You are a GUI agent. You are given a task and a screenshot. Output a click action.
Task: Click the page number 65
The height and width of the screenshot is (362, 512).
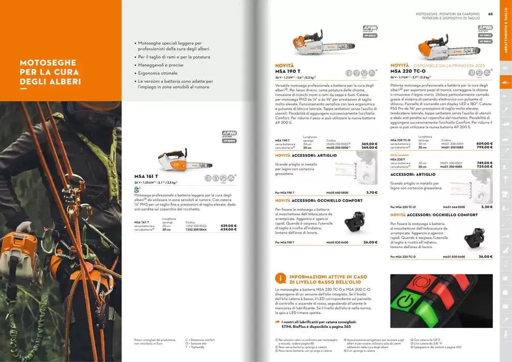[x=490, y=14]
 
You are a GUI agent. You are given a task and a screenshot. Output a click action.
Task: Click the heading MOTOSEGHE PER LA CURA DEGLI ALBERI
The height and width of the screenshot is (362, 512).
[x=50, y=72]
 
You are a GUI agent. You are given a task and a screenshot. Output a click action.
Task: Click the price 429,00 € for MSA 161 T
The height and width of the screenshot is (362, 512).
[x=228, y=225]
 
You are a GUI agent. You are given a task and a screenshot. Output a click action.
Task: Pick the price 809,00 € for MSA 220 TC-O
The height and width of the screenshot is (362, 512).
[x=484, y=143]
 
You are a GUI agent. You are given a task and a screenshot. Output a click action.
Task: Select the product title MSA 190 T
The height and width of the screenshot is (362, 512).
[x=288, y=71]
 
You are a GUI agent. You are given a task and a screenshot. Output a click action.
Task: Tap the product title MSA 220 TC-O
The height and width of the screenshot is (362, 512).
[x=408, y=71]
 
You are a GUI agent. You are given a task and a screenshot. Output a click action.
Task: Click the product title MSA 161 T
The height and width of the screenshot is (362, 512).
[x=146, y=176]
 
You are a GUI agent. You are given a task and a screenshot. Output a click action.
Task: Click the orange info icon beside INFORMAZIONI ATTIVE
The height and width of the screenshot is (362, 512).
[x=280, y=278]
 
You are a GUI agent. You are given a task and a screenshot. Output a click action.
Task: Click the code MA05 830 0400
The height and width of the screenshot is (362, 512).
[x=337, y=242]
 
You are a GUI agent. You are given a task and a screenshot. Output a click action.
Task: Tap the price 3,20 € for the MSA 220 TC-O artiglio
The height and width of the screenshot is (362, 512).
[x=486, y=206]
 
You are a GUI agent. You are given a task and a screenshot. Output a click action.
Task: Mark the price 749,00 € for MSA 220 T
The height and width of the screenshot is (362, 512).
[x=484, y=162]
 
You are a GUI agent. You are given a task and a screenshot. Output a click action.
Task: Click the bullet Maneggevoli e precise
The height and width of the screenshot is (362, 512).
[x=160, y=65]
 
